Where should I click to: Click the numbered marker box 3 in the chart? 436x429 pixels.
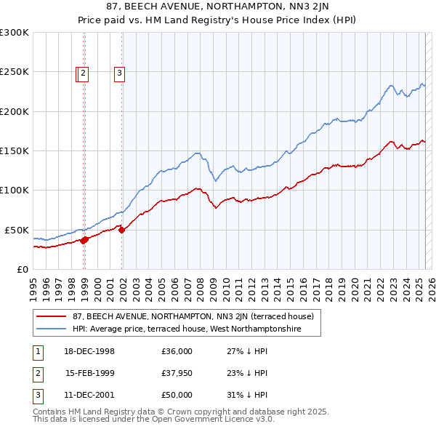tap(118, 72)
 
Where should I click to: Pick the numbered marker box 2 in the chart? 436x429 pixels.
tap(84, 72)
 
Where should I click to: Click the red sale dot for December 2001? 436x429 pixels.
tap(122, 230)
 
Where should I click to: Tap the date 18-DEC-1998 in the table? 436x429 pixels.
tap(89, 351)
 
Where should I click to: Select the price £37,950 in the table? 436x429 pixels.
tap(177, 373)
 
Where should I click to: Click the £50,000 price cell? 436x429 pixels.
tap(177, 395)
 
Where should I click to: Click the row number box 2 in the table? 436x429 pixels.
tap(36, 373)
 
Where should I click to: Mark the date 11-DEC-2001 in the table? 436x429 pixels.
tap(89, 395)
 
